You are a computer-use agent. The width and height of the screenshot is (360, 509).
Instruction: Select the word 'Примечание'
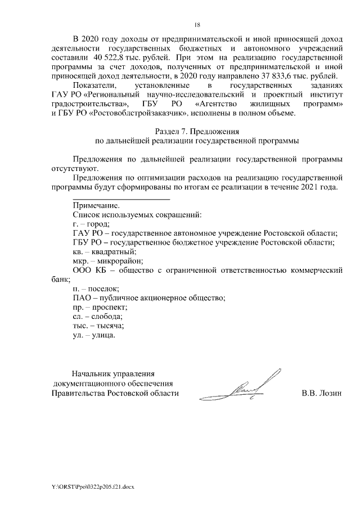tap(96, 205)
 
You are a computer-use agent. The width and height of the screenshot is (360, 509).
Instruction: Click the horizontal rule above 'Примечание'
tap(113, 199)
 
